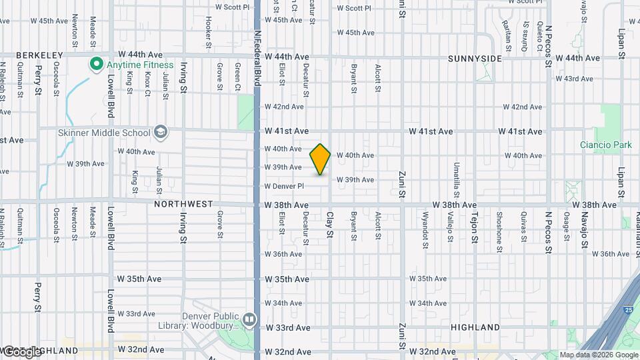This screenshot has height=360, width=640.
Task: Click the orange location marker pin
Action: (321, 159)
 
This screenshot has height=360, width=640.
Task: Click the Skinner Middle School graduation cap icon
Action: (160, 132)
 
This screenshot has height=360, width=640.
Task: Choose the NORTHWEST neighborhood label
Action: (183, 204)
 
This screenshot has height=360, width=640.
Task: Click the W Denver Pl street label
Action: (284, 186)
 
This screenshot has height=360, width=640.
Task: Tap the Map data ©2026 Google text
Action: (599, 355)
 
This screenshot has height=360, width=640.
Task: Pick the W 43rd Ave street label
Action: (578, 79)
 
